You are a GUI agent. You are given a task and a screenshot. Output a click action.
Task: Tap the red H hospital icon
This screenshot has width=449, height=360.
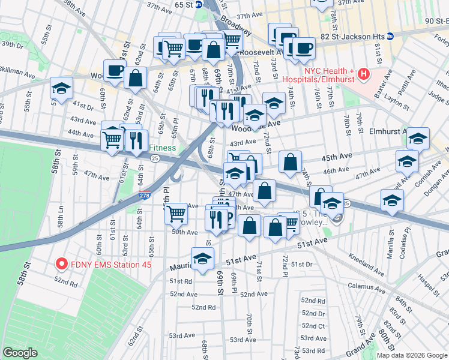click(363, 75)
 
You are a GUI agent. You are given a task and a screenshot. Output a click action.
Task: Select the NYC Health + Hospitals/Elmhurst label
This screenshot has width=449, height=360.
click(330, 75)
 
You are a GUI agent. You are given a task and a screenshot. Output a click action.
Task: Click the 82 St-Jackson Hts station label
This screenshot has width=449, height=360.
click(351, 37)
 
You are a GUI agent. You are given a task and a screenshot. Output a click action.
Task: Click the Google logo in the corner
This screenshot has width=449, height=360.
click(20, 353)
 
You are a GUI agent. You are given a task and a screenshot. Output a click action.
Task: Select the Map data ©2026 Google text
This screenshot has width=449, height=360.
click(412, 355)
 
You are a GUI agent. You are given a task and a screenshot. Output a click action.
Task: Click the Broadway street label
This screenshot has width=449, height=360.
click(236, 27)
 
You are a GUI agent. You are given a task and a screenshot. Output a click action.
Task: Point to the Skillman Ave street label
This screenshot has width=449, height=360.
click(17, 71)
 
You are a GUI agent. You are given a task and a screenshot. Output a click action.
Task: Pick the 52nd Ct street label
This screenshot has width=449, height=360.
click(313, 325)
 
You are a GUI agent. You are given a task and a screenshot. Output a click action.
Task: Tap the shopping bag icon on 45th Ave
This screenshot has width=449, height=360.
click(290, 163)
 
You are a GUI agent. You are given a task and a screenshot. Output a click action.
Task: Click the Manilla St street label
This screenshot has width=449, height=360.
click(391, 248)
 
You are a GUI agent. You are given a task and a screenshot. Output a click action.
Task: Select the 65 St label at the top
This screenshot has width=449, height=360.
click(183, 4)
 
